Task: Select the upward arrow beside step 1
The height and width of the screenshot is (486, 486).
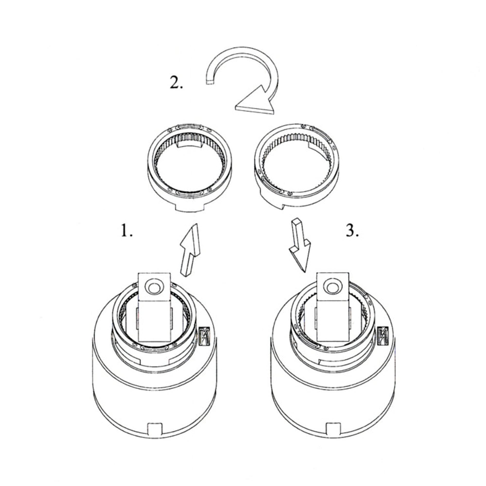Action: click(190, 250)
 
